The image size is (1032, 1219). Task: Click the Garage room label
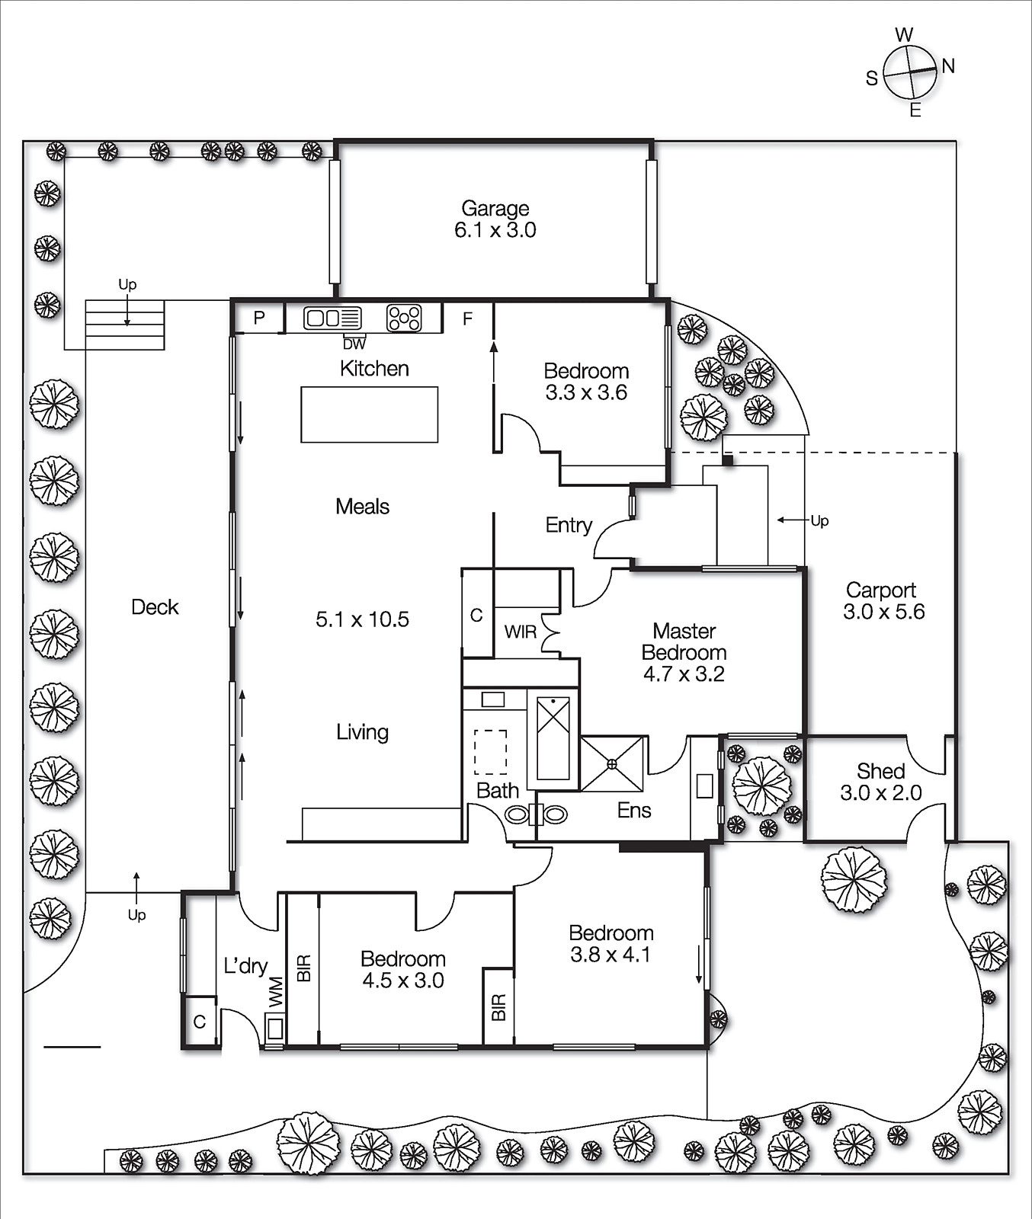pos(495,209)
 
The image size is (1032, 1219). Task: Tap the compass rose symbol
pos(909,72)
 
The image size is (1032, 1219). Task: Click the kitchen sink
pos(332,318)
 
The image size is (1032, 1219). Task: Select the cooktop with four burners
pos(404,318)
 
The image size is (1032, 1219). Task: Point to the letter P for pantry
pos(259,318)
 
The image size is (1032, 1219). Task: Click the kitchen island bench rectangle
pos(369,414)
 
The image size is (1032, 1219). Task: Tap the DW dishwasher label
pos(354,344)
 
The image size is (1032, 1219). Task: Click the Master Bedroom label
pos(684,641)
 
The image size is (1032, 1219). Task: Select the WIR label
pos(521,632)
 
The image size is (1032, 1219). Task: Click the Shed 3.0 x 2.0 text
pos(880,782)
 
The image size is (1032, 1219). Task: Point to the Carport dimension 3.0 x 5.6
pos(883,612)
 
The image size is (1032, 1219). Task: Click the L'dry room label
pos(245,966)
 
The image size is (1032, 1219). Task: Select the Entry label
pos(569,525)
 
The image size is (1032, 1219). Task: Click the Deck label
pos(155,607)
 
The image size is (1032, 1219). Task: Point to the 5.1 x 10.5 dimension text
pos(362,619)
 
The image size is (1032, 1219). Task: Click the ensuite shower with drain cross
pos(612,763)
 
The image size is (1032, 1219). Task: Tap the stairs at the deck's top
pos(125,324)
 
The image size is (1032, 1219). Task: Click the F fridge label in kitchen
pos(467,318)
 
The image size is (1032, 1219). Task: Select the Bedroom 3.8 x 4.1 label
pos(611,944)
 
